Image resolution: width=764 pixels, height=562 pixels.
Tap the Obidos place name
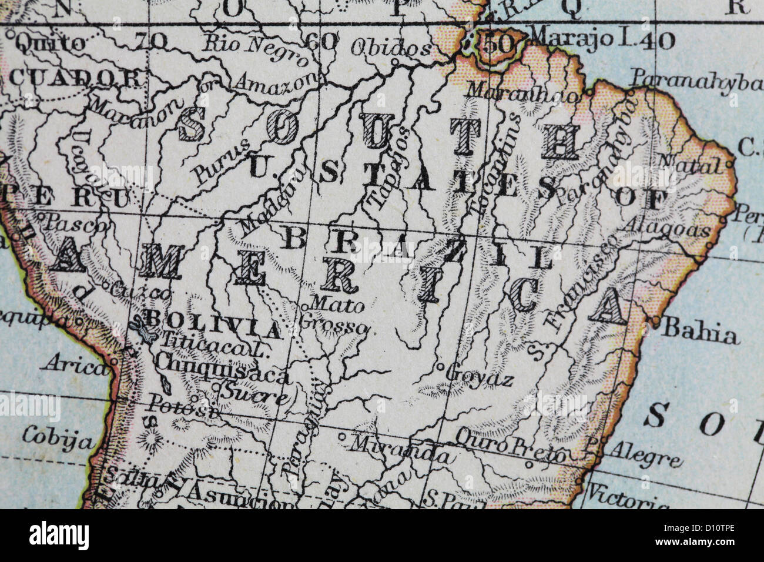click(390, 48)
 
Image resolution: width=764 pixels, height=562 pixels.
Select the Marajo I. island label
click(568, 39)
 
